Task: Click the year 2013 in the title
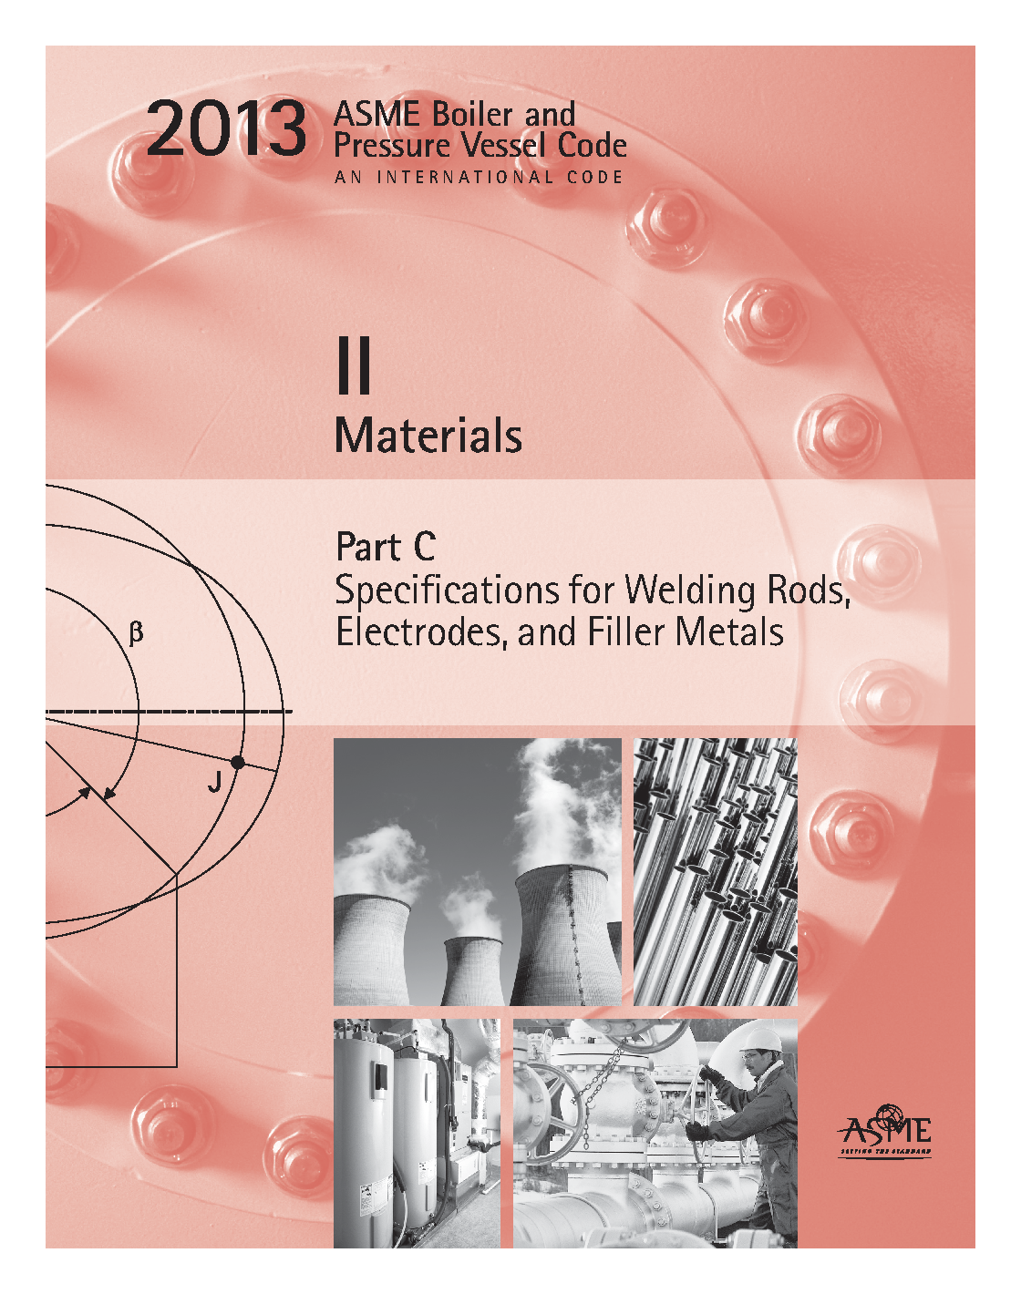point(226,129)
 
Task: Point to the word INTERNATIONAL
point(465,178)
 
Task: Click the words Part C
point(386,547)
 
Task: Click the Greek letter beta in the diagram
point(137,633)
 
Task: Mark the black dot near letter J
point(238,763)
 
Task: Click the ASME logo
point(884,1132)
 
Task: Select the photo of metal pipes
point(716,872)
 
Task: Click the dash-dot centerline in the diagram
point(169,713)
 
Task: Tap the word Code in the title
point(592,145)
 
